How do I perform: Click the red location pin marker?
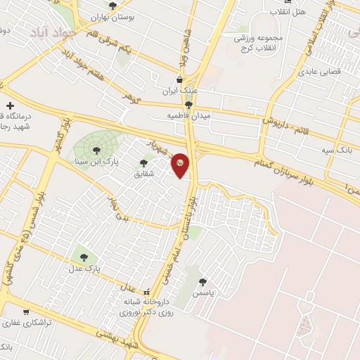pyautogui.click(x=181, y=165)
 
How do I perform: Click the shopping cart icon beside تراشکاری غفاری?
pyautogui.click(x=26, y=311)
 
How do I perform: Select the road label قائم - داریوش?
pyautogui.click(x=296, y=113)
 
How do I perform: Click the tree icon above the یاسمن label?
pyautogui.click(x=203, y=281)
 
